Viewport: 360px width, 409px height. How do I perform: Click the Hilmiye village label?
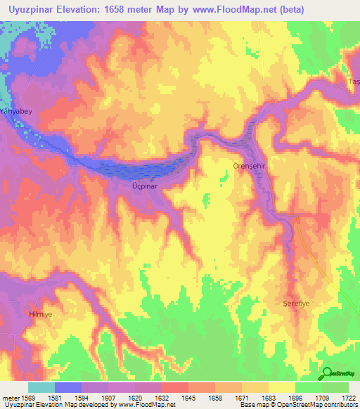40,314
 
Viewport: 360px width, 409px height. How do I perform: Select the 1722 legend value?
349,397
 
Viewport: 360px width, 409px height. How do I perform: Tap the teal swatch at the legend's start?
41,387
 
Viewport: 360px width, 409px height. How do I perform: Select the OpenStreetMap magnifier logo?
326,373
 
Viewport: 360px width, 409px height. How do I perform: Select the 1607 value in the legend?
108,397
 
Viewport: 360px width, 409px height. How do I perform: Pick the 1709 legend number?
322,397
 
